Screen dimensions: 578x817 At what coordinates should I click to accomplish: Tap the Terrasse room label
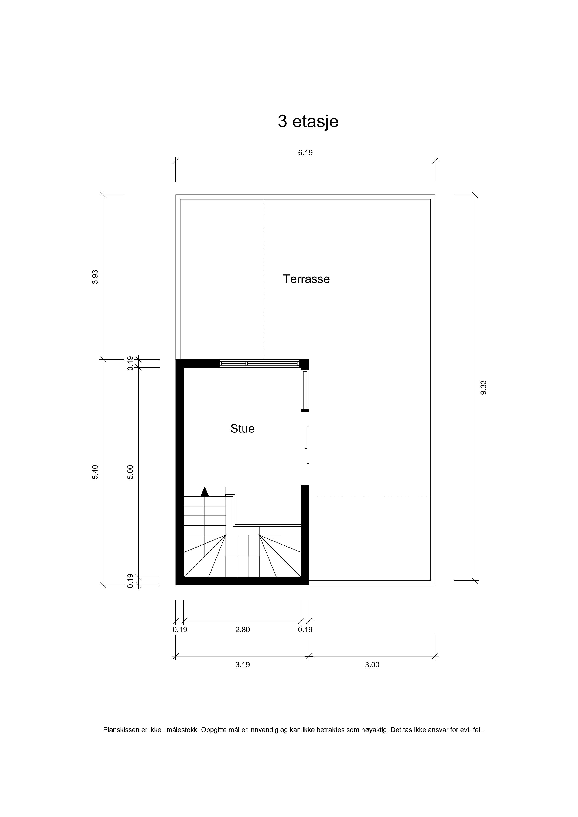(x=306, y=279)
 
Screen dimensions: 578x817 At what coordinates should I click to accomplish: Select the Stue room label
(x=242, y=429)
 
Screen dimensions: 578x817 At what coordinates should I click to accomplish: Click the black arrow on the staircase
(x=205, y=492)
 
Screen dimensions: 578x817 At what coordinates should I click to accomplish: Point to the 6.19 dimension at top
(x=305, y=153)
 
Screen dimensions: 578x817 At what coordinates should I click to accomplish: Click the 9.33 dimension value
(x=483, y=388)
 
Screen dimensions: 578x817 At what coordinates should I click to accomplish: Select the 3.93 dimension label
(x=95, y=277)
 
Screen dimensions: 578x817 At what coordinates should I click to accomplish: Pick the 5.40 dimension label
(x=95, y=472)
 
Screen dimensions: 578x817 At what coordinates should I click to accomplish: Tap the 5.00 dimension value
(x=130, y=472)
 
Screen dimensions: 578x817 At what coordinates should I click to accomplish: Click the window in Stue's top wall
(x=259, y=363)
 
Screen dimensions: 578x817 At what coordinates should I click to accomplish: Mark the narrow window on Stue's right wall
(x=305, y=390)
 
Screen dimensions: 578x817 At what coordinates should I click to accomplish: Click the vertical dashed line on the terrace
(x=263, y=279)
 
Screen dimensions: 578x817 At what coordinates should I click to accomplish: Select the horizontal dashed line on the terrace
(x=369, y=496)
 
